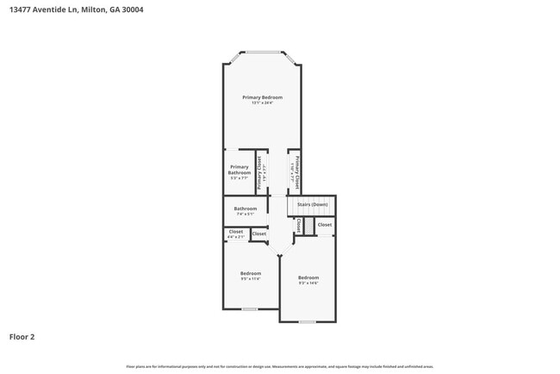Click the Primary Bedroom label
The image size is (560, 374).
(262, 97)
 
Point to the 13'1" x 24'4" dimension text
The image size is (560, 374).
(262, 103)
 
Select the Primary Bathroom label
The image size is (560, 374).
(240, 169)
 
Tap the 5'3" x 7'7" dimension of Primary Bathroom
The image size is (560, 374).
(240, 178)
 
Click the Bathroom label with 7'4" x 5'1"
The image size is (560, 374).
(246, 209)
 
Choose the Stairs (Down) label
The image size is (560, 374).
(312, 204)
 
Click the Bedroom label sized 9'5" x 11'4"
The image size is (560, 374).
(250, 273)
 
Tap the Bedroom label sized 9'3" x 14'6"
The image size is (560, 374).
(308, 277)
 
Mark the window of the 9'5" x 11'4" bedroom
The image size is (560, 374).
(250, 309)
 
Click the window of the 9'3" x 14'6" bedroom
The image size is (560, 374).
(307, 321)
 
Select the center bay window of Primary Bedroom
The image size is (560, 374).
(262, 52)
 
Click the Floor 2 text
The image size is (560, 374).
(22, 337)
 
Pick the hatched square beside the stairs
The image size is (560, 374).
(308, 225)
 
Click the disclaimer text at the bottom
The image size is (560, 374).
(280, 366)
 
